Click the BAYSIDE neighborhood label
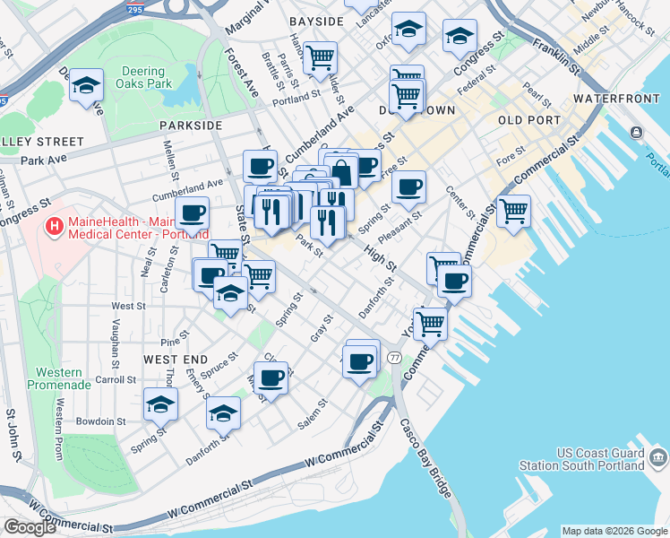316,21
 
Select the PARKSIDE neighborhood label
190,126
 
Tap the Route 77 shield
394,358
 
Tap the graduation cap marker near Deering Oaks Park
87,86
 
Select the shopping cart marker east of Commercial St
513,211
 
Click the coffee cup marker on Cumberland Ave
261,166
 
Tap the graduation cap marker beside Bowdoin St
161,403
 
